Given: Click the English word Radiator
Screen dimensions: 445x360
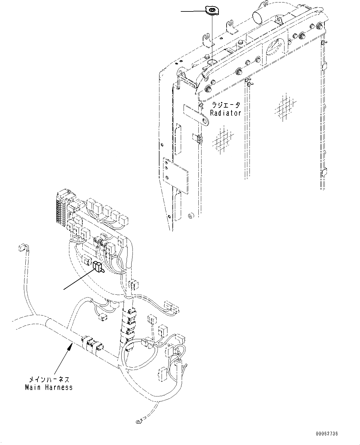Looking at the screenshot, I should point(226,113).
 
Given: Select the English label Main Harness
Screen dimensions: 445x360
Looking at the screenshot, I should point(49,387).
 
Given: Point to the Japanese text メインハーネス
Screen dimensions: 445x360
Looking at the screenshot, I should point(49,379).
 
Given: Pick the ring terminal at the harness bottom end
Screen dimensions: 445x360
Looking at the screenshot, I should point(138,421).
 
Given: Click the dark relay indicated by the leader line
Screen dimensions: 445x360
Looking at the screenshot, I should point(97,267).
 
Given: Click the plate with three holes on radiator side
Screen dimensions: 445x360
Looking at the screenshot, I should point(175,175).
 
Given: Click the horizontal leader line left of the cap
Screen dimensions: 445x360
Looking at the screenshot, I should point(193,11).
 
